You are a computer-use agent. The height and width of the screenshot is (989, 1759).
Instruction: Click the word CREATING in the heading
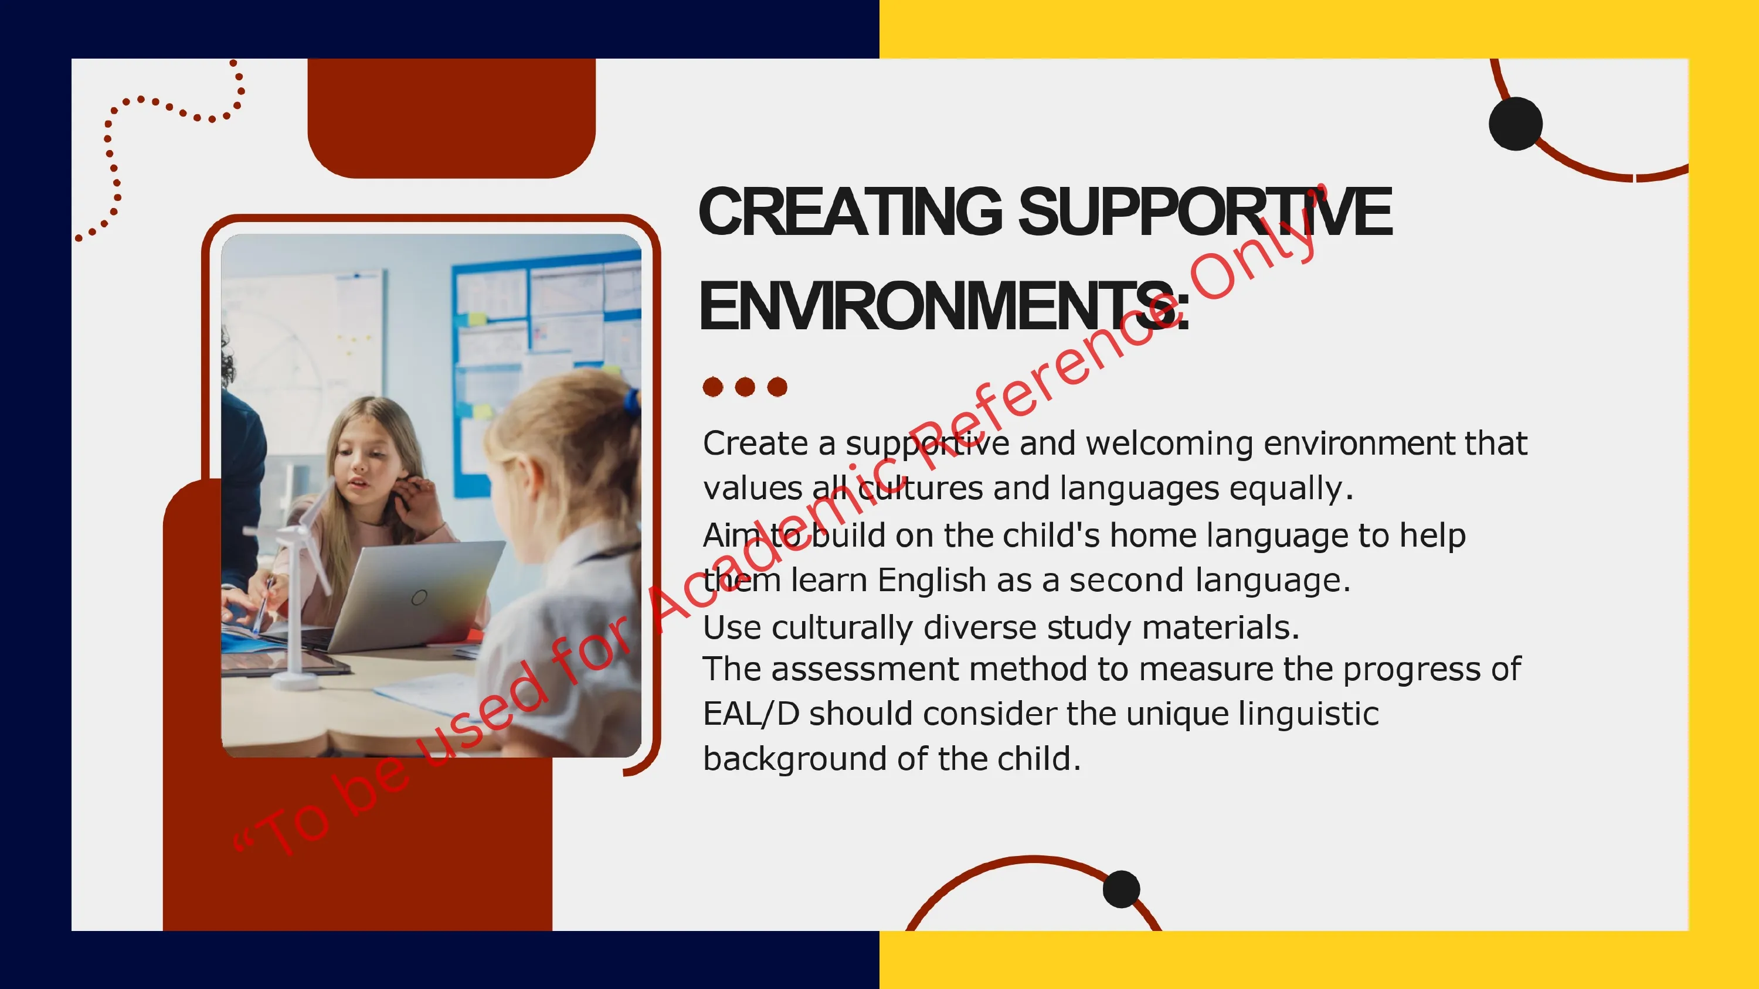[x=851, y=212]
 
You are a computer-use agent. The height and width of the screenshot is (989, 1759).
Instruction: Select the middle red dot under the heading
[x=745, y=387]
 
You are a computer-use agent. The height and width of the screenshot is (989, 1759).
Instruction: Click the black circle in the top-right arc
[x=1515, y=124]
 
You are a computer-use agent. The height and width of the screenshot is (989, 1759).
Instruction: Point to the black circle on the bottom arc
[x=1121, y=889]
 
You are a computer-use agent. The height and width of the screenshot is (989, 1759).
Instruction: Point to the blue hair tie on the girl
[x=632, y=403]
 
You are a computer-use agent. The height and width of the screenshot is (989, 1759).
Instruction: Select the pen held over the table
[x=262, y=604]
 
